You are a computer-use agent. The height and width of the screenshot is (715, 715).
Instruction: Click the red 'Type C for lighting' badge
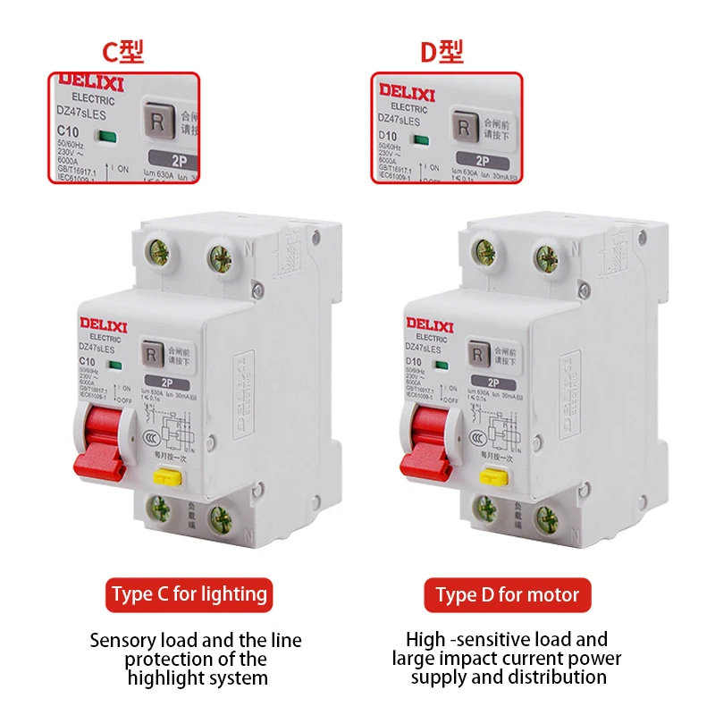(x=189, y=594)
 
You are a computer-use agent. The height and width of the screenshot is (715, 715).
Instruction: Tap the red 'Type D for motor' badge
(x=508, y=594)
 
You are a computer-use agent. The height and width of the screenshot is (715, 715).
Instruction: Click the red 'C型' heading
(x=122, y=53)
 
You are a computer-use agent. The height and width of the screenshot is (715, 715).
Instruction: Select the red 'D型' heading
(x=442, y=53)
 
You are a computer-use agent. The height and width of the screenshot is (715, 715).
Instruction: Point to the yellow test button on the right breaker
(x=492, y=475)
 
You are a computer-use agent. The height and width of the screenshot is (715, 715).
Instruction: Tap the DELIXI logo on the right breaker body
(x=430, y=323)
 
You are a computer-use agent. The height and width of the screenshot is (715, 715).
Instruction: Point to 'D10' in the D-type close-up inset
(x=387, y=134)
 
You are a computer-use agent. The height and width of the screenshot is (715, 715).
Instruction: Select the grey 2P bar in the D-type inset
(x=482, y=162)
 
